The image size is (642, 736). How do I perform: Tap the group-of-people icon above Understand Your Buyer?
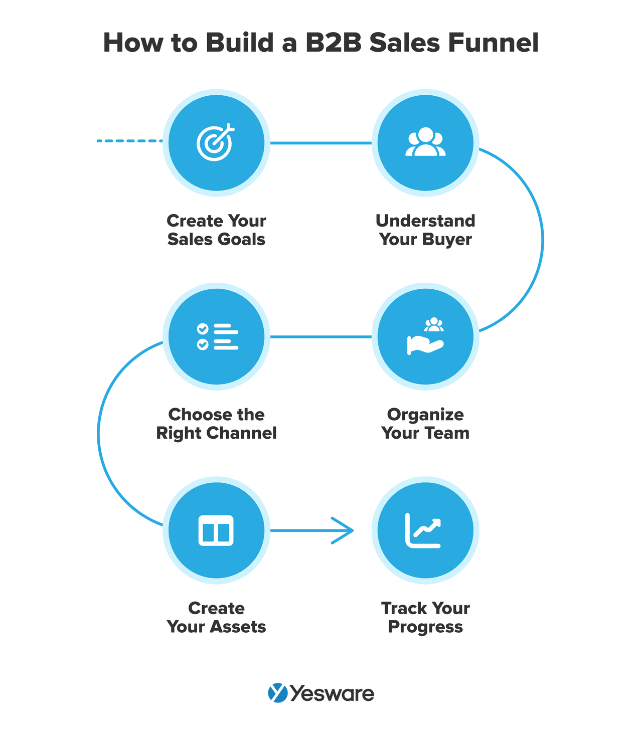(x=425, y=142)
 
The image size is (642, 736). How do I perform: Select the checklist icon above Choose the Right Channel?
(x=217, y=336)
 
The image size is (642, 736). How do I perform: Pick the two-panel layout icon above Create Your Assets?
(x=216, y=530)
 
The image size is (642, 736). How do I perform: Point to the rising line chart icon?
(x=424, y=530)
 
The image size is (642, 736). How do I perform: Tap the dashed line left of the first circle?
(x=129, y=141)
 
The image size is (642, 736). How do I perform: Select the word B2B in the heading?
(x=334, y=43)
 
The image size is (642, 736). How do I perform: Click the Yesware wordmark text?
(x=332, y=694)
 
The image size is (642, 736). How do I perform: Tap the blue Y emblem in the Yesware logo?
(x=277, y=693)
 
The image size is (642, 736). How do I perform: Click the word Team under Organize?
(x=446, y=433)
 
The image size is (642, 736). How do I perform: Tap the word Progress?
(x=425, y=627)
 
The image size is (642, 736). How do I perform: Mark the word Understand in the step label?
(x=425, y=221)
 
